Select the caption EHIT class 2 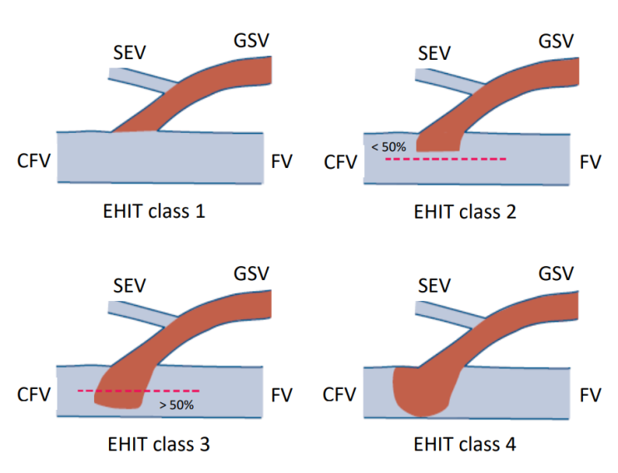point(465,211)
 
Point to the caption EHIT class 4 point(465,444)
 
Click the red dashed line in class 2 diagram point(445,157)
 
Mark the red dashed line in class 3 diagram point(137,390)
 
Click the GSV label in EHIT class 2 point(556,41)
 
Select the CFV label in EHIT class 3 point(34,393)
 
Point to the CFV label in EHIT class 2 point(340,161)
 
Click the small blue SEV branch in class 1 point(137,76)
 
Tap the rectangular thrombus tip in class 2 point(438,139)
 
